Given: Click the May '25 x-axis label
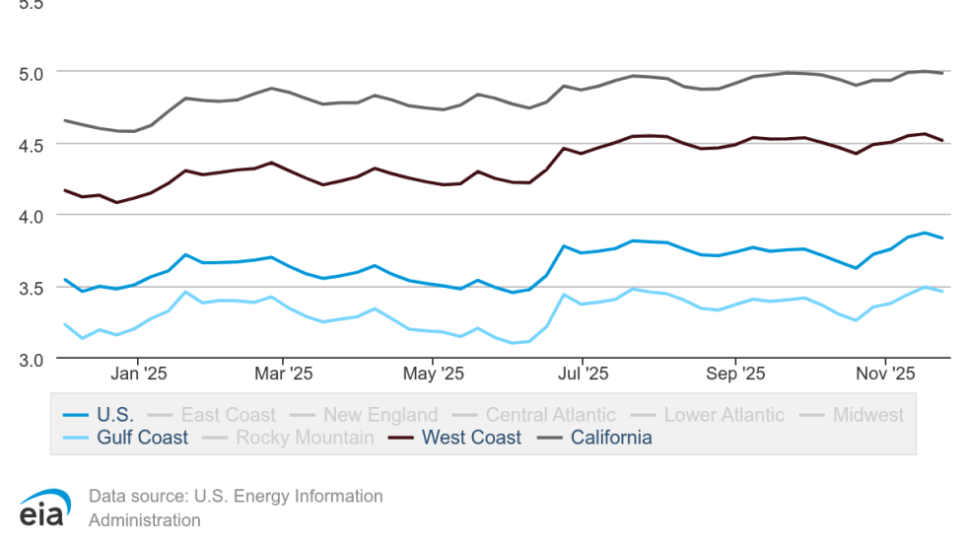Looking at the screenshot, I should [x=434, y=374].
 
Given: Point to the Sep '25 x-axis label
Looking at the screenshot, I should [x=735, y=374].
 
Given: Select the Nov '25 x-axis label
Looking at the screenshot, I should [x=884, y=374].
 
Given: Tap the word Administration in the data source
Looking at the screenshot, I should [x=144, y=520].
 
